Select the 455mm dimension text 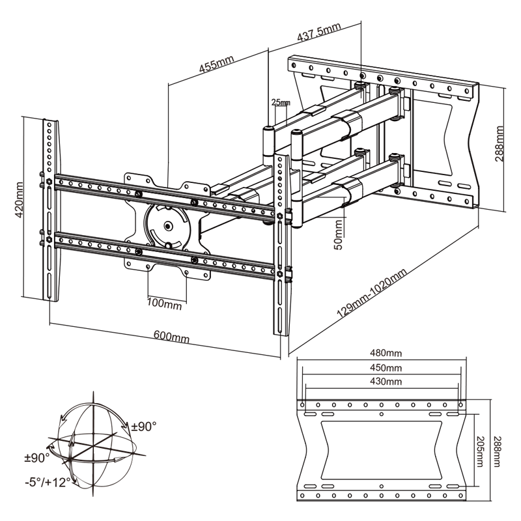[217, 66]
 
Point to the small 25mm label [280, 103]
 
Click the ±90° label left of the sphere [36, 458]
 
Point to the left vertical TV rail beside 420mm [50, 208]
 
